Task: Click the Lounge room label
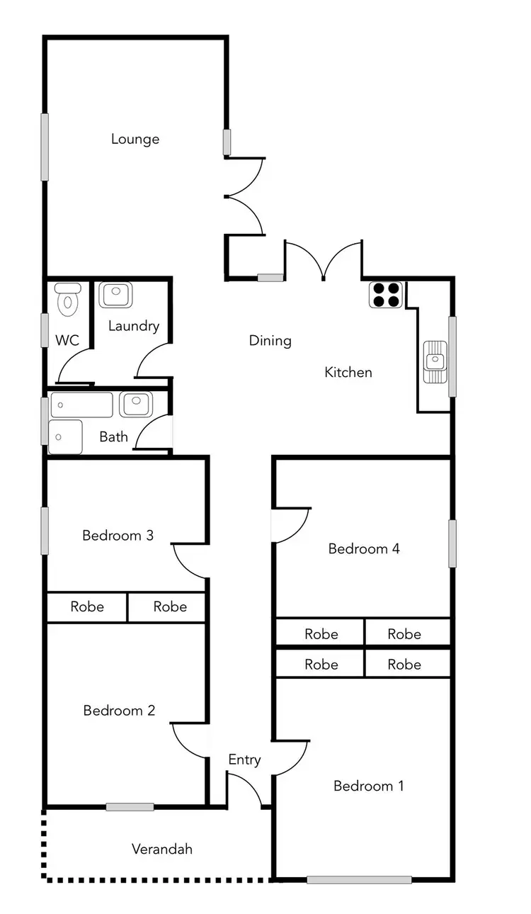135,139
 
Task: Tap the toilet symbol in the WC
68,300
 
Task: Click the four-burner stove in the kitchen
387,294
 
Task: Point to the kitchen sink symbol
435,361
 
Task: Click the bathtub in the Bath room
81,405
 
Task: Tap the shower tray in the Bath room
65,436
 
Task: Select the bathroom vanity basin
134,405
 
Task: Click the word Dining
270,341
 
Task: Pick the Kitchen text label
348,372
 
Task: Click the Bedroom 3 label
118,536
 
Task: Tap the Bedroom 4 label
364,548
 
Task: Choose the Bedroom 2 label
119,711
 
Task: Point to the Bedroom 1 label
368,786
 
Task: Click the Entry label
244,760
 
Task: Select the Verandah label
162,849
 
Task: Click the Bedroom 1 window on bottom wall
359,880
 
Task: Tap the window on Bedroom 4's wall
452,543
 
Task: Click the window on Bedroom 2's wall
130,806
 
